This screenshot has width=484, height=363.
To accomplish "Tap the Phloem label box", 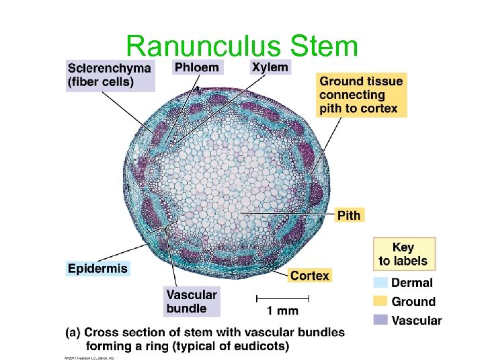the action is click(196, 67).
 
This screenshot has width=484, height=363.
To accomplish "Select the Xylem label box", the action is click(270, 67).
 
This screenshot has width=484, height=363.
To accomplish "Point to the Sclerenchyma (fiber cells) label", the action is click(110, 75).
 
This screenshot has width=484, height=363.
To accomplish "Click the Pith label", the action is click(348, 215).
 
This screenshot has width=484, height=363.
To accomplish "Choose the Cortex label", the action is click(310, 275).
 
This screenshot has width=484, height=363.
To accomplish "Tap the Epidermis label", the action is click(97, 268).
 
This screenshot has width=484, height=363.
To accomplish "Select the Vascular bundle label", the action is click(192, 302).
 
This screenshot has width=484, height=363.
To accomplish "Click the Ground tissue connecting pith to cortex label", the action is click(361, 95).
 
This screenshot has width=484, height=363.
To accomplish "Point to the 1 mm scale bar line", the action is click(282, 296).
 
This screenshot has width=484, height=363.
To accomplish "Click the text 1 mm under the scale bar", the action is click(282, 311).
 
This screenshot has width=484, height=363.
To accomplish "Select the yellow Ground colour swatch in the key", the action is click(380, 302).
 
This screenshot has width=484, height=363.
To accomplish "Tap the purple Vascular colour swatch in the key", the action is click(380, 321).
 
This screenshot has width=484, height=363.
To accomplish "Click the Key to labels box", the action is click(403, 253).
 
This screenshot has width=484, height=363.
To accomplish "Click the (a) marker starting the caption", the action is click(73, 332).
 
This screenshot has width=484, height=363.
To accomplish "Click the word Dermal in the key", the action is click(412, 284).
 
